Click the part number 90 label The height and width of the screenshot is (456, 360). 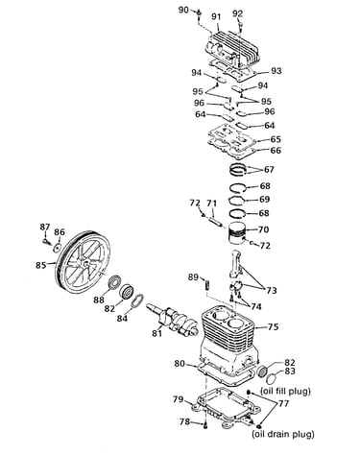pyautogui.click(x=183, y=10)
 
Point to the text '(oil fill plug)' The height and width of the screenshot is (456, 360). pyautogui.click(x=285, y=391)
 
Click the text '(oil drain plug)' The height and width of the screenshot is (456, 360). pyautogui.click(x=283, y=434)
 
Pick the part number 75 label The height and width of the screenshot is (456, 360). pyautogui.click(x=273, y=326)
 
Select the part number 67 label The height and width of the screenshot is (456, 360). pyautogui.click(x=269, y=169)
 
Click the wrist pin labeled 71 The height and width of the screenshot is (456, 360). pyautogui.click(x=214, y=222)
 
